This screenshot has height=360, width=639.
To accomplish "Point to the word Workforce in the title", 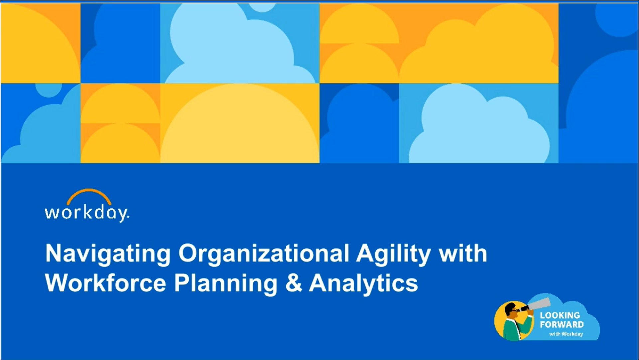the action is point(105,283).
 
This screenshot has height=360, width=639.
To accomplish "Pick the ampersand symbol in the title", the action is point(294,283).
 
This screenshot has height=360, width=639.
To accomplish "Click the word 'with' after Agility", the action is point(463,254).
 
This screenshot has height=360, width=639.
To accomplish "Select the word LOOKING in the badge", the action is point(560,315).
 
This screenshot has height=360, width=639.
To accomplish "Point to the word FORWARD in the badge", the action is point(562,324).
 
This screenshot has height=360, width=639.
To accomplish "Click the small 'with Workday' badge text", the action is point(566,334).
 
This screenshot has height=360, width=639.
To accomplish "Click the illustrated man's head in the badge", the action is point(511,310).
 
